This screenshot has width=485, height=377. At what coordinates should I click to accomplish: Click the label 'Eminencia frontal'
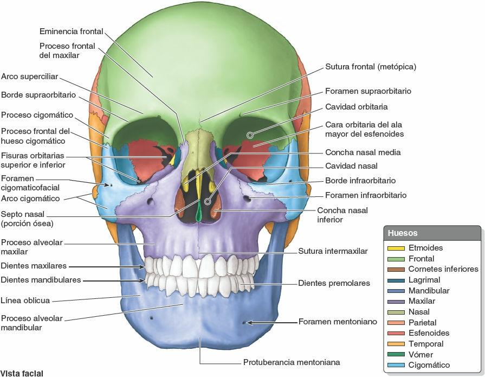[x=72, y=31]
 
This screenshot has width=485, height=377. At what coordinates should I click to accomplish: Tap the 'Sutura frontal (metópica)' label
[x=371, y=67]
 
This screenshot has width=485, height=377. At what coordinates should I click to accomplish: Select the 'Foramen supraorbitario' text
[x=368, y=91]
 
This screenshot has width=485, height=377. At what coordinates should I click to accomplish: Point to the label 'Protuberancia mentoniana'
[x=292, y=362]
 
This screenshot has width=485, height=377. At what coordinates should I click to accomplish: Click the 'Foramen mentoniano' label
[x=338, y=322]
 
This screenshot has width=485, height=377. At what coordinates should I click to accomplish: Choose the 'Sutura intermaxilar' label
[x=333, y=251]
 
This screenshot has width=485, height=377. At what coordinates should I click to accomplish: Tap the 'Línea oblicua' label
[x=25, y=301]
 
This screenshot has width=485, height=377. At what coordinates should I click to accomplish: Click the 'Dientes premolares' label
[x=334, y=283]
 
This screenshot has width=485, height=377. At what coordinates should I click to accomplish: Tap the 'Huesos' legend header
[x=403, y=233]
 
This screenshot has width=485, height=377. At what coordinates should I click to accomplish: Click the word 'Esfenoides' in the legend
[x=429, y=333]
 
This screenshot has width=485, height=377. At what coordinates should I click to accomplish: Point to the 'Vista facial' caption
[x=22, y=373]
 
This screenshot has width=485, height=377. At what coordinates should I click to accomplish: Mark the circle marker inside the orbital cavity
[x=250, y=135]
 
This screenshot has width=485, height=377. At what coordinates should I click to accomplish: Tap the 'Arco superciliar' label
[x=29, y=76]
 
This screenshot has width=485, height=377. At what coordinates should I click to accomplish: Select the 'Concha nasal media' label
[x=363, y=152]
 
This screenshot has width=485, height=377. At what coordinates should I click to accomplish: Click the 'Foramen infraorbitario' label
[x=366, y=195]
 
